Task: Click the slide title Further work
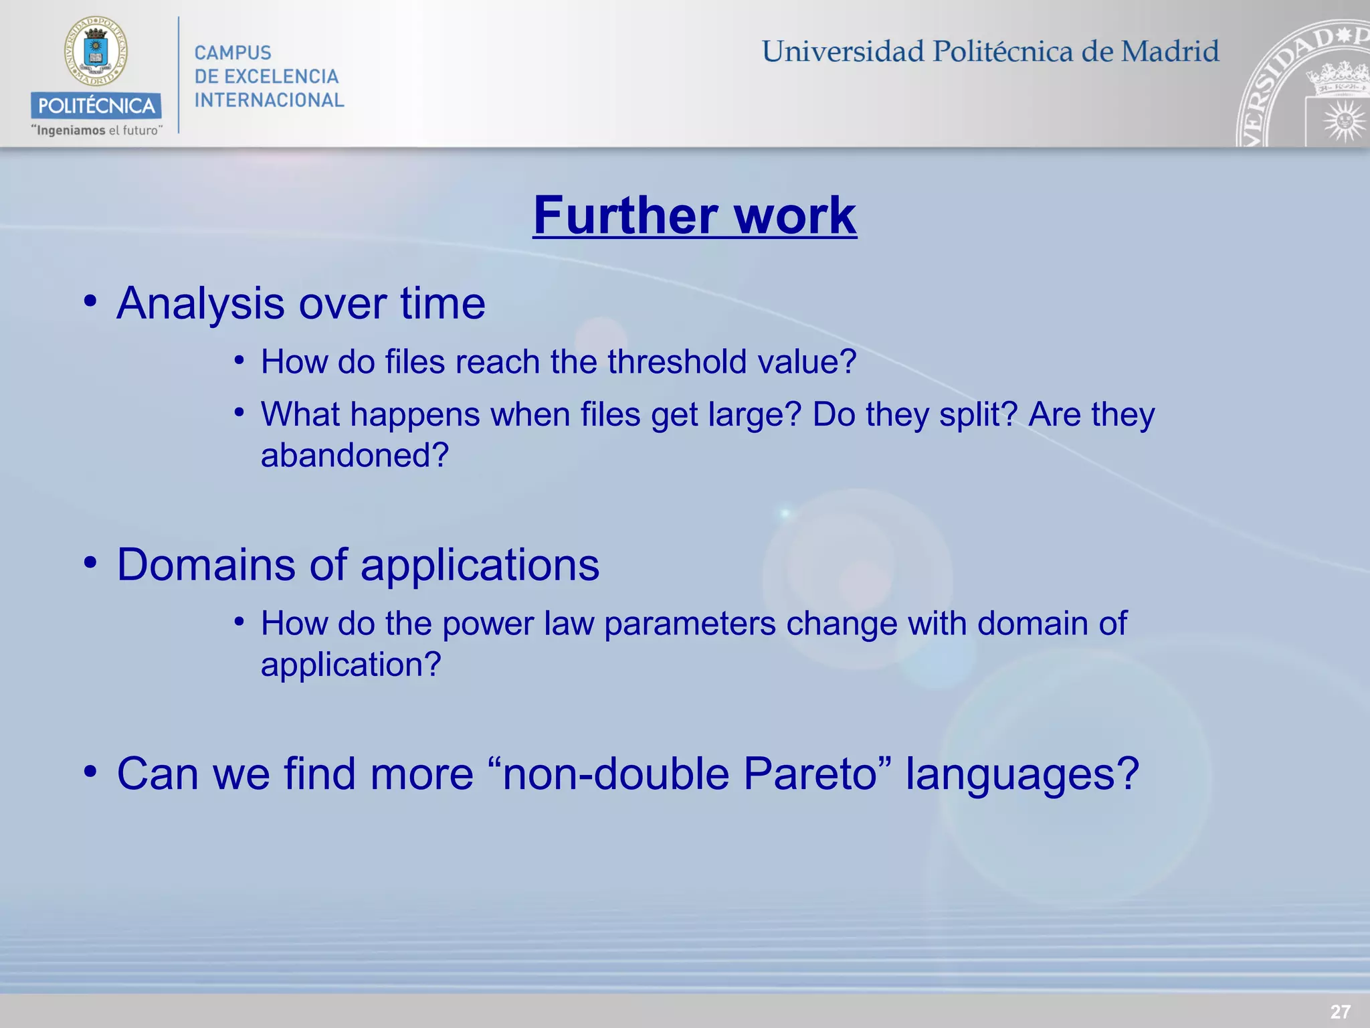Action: [x=694, y=216]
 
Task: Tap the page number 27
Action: [x=1340, y=1011]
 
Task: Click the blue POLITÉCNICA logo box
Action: [x=96, y=106]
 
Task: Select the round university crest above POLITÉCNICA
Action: [x=96, y=52]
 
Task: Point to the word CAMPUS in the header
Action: [x=233, y=53]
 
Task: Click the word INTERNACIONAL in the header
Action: [x=269, y=100]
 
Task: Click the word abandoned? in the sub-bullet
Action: [x=355, y=456]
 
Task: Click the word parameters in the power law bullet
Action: [x=690, y=624]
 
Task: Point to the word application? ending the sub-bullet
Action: [x=351, y=665]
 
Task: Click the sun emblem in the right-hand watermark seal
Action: [x=1343, y=121]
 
